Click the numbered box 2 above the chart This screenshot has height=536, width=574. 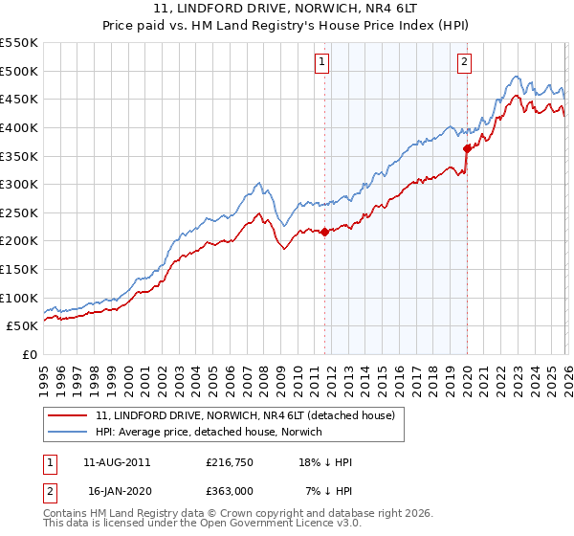[x=464, y=62]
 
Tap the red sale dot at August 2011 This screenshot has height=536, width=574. [x=324, y=232]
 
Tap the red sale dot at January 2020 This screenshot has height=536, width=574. [x=467, y=148]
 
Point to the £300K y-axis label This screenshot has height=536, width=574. [x=19, y=184]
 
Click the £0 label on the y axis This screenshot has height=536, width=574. [x=31, y=354]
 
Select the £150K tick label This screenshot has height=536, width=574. [x=19, y=269]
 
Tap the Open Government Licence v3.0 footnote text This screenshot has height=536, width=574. [x=277, y=525]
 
